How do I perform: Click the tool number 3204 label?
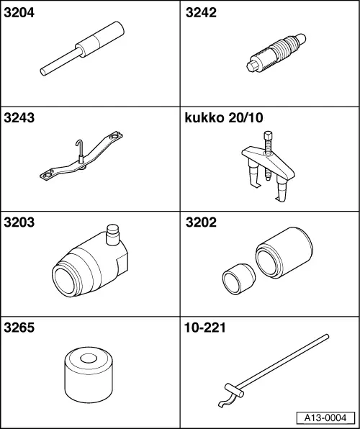point(19,13)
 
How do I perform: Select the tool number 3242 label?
point(201,13)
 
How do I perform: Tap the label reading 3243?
point(19,117)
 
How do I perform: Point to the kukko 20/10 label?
point(224,117)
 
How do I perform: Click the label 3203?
point(19,222)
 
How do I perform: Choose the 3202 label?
point(201,222)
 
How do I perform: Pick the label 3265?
point(19,328)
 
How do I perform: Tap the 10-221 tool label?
point(205,328)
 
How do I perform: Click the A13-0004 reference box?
point(325,417)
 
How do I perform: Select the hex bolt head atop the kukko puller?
point(268,135)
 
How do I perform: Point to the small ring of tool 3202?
point(238,279)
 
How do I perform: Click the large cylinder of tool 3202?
point(284,253)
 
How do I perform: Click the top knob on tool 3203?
point(112,235)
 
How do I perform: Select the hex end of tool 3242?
point(253,66)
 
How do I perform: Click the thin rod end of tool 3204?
point(43,72)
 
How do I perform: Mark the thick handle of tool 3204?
point(100,39)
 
